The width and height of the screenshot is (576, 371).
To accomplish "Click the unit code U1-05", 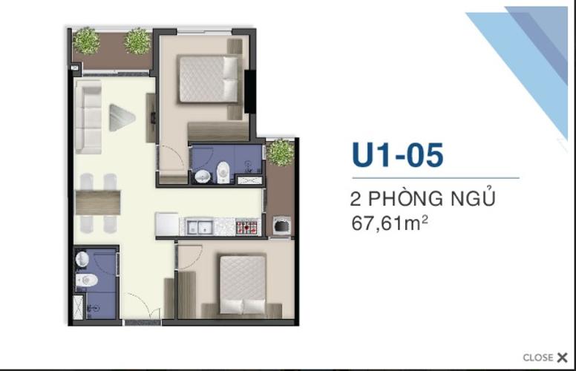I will [398, 156].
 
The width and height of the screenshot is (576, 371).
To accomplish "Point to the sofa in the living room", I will [90, 119].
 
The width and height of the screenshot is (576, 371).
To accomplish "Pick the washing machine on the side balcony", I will [281, 225].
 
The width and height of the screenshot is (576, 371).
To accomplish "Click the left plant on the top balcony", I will [86, 41].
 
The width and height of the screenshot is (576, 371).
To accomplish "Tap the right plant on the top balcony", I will [137, 41].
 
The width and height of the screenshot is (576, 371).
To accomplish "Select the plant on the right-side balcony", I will [281, 152].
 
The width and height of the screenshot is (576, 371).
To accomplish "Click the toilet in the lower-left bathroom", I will [88, 281].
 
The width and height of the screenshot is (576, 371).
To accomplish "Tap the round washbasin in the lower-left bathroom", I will [82, 259].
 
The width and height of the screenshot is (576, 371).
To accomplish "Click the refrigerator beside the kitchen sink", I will [166, 225].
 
